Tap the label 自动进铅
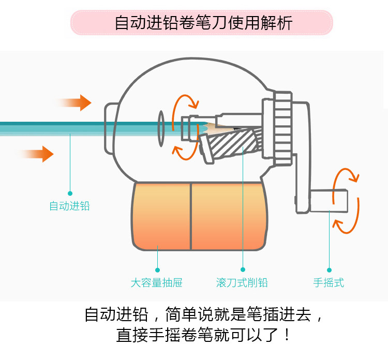[69, 206]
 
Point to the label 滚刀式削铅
[242, 283]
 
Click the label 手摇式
[329, 283]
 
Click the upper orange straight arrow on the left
[77, 103]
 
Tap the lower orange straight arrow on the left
[38, 154]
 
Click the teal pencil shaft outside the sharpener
[52, 127]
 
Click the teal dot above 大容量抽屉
[157, 270]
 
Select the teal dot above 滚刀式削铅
[242, 270]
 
